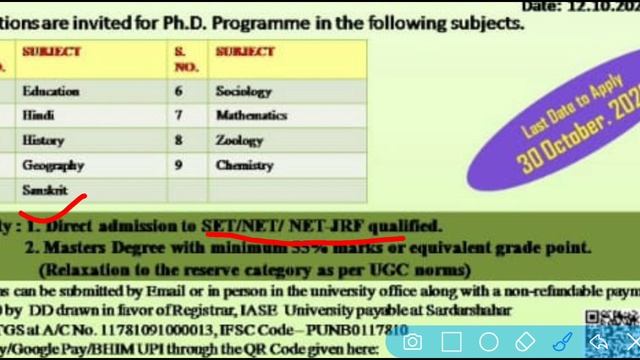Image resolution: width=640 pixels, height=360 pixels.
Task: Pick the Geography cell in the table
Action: [x=52, y=165]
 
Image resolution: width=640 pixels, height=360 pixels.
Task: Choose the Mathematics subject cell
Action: [x=252, y=116]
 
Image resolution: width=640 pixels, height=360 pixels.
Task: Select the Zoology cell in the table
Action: [x=239, y=141]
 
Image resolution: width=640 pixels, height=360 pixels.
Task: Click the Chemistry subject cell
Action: [x=244, y=165]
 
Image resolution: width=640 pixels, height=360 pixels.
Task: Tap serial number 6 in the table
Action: [x=179, y=91]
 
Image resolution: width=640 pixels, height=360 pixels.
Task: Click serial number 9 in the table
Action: [x=179, y=165]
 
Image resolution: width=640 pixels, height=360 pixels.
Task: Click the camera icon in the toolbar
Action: [x=412, y=342]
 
